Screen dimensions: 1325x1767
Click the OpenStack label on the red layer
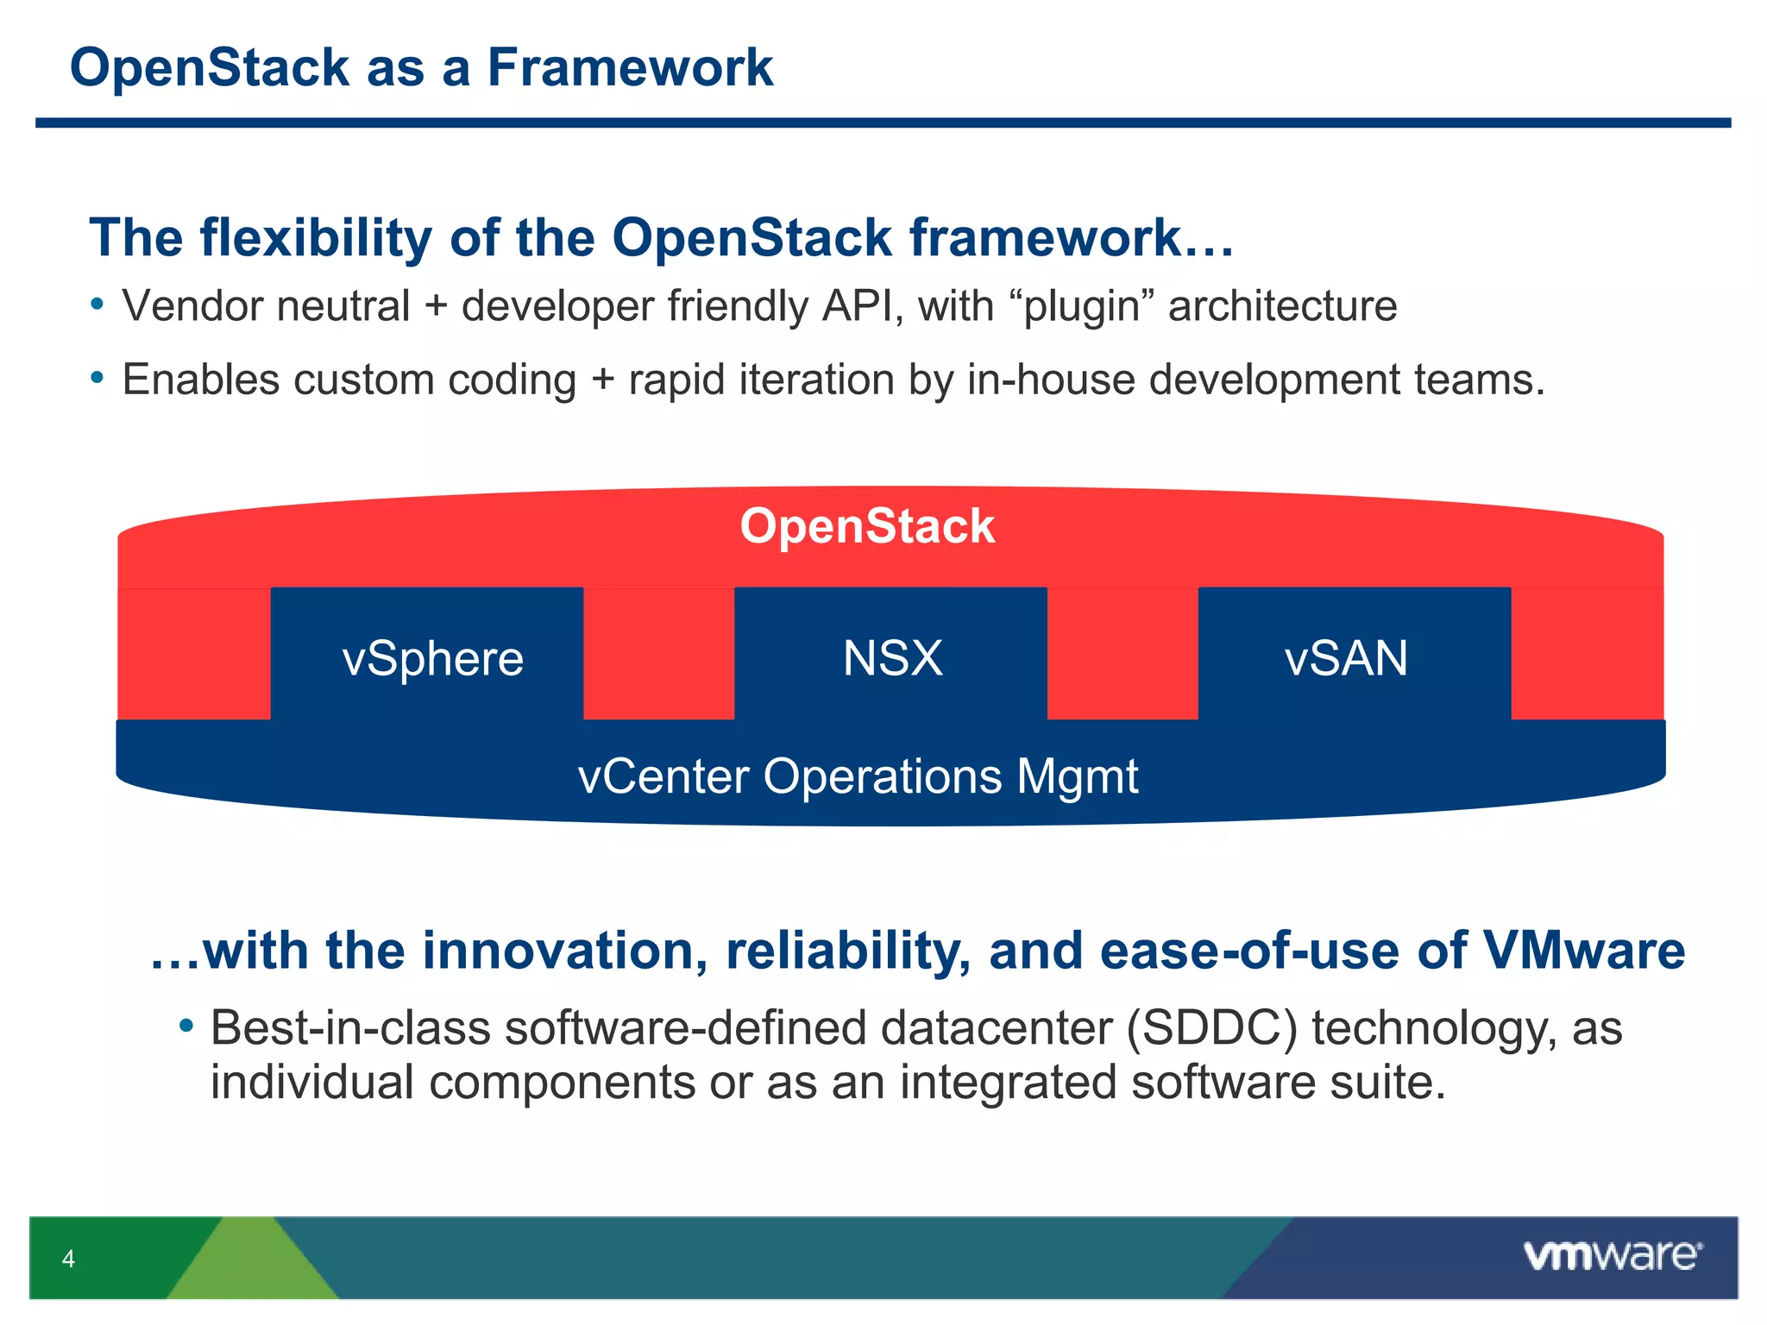(867, 526)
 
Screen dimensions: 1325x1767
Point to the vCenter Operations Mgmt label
(858, 776)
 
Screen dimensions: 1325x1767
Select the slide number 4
(68, 1259)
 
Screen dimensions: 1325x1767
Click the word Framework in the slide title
(630, 67)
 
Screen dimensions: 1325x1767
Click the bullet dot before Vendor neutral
(97, 305)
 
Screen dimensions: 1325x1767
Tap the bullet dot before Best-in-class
(186, 1026)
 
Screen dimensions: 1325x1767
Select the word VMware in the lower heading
(1583, 951)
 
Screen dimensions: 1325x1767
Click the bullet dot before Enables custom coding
(97, 378)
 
